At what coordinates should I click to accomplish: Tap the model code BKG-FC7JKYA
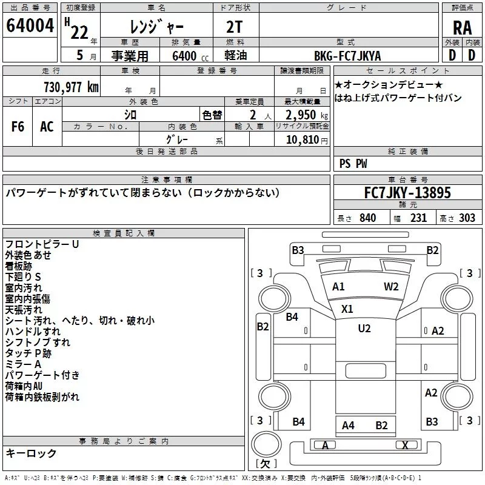point(347,56)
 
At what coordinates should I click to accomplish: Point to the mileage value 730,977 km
point(71,87)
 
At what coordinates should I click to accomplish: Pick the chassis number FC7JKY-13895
point(407,193)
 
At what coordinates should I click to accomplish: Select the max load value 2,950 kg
point(301,115)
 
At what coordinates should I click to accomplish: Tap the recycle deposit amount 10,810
point(303,139)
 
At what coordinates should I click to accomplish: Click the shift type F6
point(18,127)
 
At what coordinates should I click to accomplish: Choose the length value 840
point(367,218)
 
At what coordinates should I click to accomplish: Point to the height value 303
point(467,218)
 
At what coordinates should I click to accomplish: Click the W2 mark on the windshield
point(391,287)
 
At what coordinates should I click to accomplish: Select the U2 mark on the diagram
point(364,329)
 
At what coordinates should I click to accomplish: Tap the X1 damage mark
point(347,309)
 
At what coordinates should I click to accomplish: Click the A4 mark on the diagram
point(348,426)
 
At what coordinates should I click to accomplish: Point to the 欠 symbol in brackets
point(266,464)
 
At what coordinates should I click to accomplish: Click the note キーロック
point(31,453)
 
